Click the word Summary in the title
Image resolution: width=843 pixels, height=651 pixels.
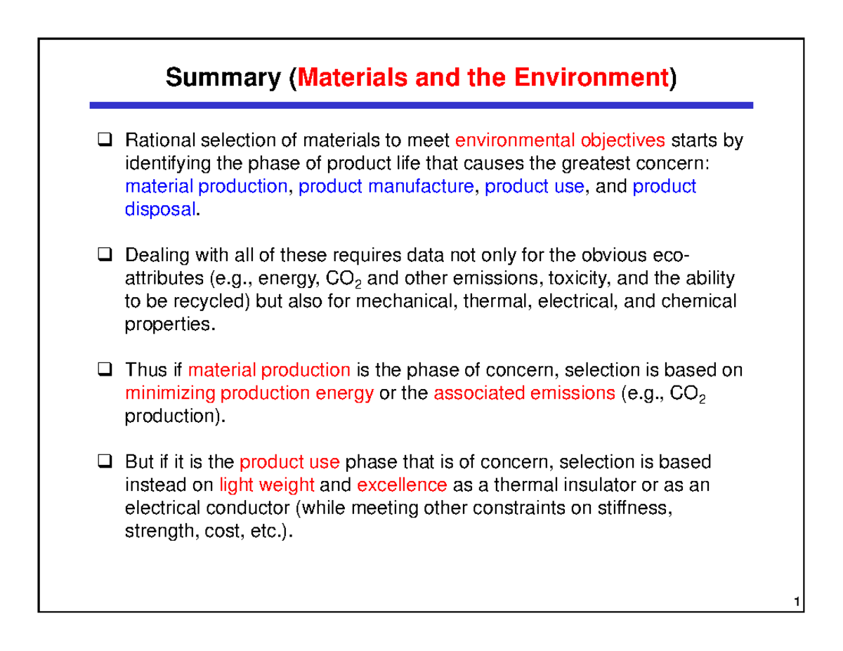(223, 79)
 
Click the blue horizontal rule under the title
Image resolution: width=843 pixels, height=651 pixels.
(421, 105)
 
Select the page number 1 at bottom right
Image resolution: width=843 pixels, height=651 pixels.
(796, 603)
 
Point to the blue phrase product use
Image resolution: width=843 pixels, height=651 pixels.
(534, 187)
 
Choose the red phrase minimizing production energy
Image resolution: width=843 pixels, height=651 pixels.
(249, 393)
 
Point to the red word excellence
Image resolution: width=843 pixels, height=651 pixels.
(402, 485)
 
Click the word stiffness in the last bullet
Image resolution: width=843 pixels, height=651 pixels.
(639, 508)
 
